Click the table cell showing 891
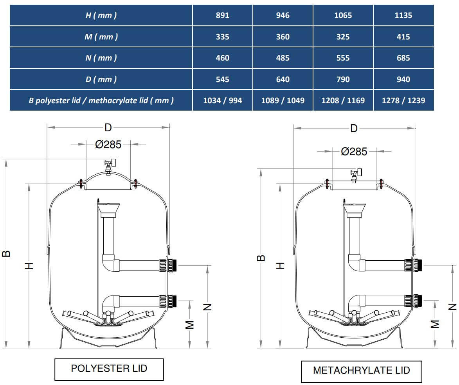(222, 16)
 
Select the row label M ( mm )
(101, 37)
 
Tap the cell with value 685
(403, 58)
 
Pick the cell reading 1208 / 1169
(343, 100)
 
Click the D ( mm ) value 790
(343, 79)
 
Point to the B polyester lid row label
(101, 100)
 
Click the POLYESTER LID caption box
(109, 368)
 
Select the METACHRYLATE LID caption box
(361, 371)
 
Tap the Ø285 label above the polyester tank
(108, 145)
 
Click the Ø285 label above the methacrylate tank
(354, 151)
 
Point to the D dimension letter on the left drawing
(108, 127)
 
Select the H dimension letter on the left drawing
(29, 266)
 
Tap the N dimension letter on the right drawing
(453, 307)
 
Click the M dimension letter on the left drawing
(190, 324)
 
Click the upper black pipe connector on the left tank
(174, 266)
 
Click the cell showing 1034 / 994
(222, 100)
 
